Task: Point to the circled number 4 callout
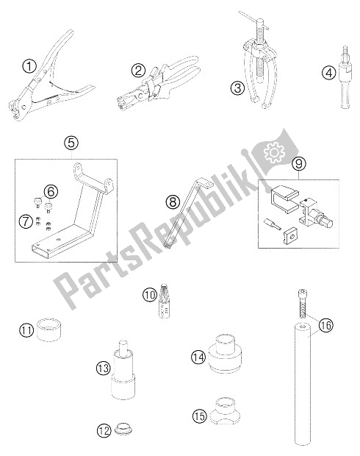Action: pos(328,72)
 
